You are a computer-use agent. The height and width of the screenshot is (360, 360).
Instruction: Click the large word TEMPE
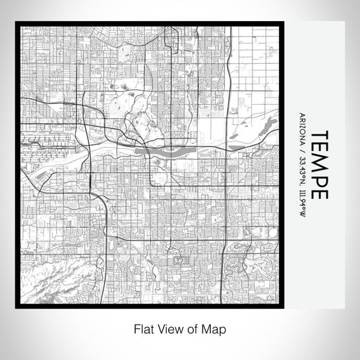coord(319,165)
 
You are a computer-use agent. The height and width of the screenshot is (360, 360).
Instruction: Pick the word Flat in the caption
coord(141,328)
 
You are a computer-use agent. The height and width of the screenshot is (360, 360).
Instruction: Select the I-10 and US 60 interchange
coord(105,237)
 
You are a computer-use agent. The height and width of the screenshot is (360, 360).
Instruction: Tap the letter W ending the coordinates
coord(302,214)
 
